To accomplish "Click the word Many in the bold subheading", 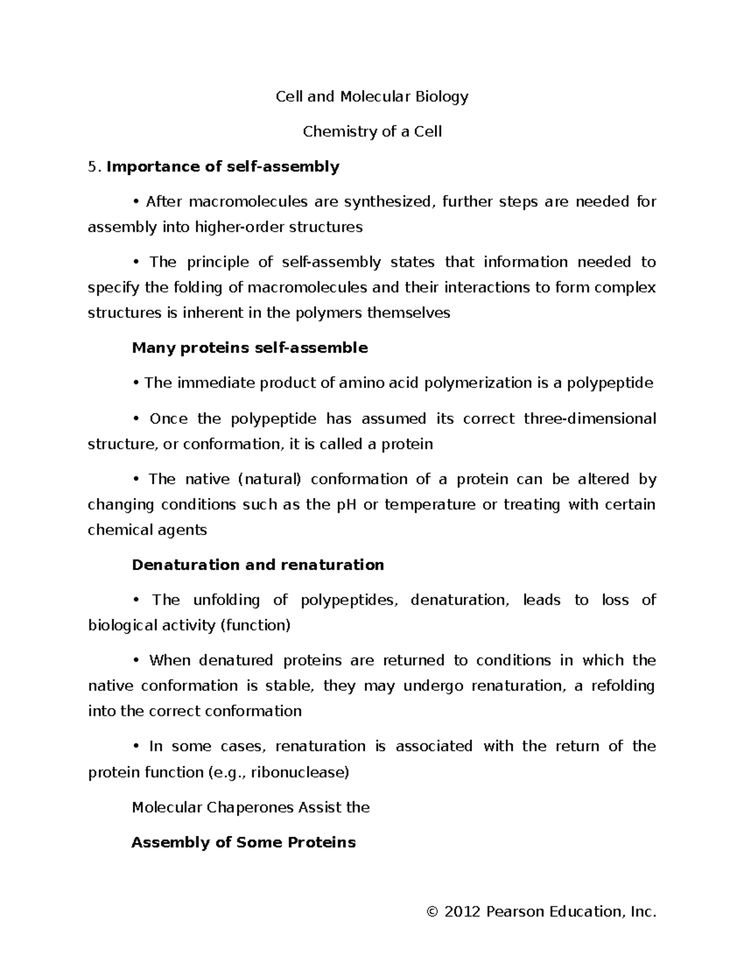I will point(154,348).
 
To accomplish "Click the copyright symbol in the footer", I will point(433,912).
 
